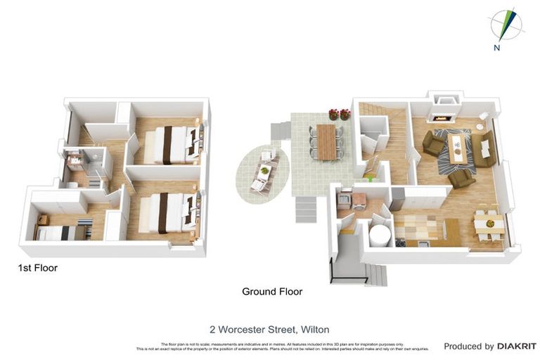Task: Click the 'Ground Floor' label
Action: coord(272,291)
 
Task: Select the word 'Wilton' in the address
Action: coord(315,329)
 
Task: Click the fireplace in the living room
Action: coord(446,110)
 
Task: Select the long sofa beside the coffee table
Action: coord(484,148)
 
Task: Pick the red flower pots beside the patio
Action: coord(339,114)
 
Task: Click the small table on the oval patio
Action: coord(264,170)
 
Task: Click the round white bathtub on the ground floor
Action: coord(380,234)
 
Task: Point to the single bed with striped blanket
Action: coord(63,232)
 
